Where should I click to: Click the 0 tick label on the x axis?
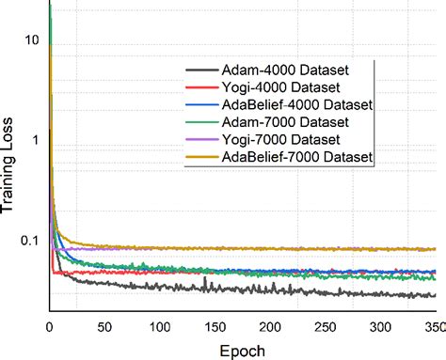49,326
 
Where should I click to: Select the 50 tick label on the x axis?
104,326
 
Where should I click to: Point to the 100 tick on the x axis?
160,326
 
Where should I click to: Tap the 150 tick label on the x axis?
215,326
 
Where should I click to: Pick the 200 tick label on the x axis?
270,326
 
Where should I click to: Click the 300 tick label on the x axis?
381,326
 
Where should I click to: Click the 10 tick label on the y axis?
33,40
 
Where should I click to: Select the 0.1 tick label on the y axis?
30,241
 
